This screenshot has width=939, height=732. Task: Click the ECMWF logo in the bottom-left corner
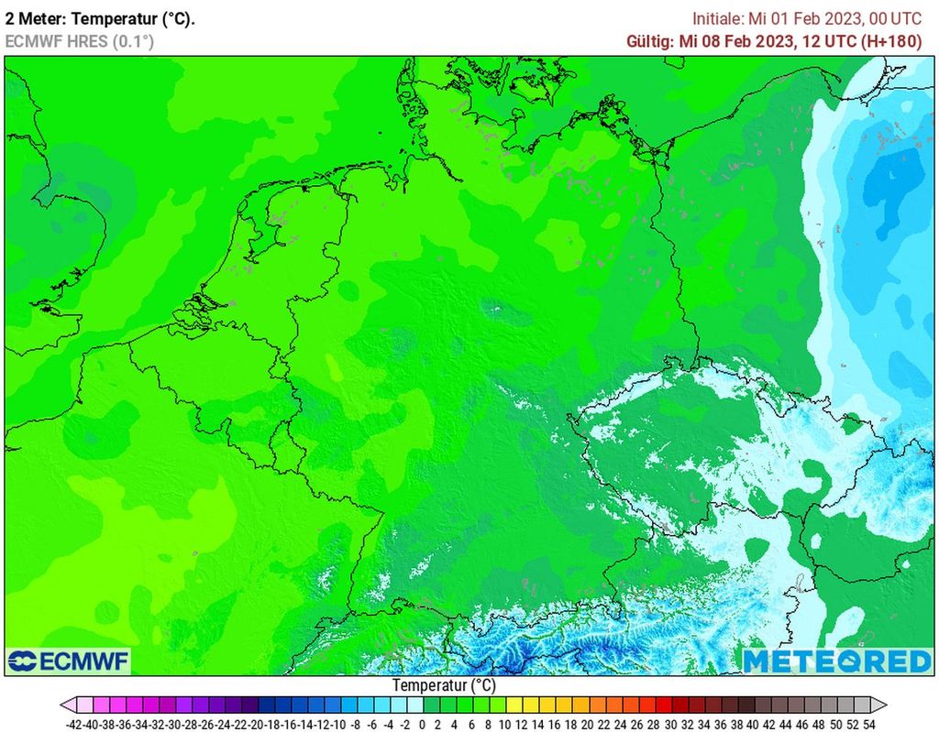coord(68,661)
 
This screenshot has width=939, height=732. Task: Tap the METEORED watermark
coord(836,661)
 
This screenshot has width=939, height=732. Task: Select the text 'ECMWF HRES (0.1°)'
coord(79,41)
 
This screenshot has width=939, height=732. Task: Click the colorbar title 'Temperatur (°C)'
coord(444,685)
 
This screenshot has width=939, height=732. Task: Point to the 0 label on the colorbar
coord(422,724)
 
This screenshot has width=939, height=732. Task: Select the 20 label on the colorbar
coord(587,724)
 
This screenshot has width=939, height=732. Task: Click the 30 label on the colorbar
coord(669,724)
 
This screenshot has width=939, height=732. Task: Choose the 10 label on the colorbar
coord(504,724)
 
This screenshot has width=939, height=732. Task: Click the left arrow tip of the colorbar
coord(62,705)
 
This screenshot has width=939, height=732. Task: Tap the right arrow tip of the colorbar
coord(885,705)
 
